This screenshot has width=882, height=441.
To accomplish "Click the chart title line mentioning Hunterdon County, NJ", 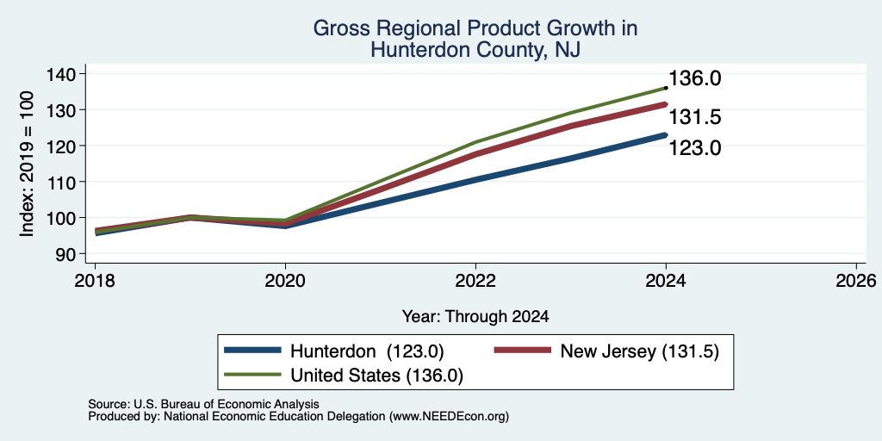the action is click(475, 51).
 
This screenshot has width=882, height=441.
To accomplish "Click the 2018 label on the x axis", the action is click(95, 280).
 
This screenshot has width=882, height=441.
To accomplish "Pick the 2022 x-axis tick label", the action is click(475, 280).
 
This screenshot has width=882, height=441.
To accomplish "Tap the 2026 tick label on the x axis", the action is click(856, 280).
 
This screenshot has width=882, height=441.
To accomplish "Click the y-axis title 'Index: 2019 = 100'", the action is click(28, 164).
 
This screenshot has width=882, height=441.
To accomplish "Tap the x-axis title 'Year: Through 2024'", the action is click(475, 317).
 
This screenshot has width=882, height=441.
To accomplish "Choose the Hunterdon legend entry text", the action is click(367, 351).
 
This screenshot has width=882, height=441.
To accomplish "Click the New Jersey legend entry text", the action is click(640, 351).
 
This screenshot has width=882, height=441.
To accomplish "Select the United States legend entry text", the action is click(376, 376).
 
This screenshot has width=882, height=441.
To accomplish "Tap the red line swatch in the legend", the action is click(522, 351).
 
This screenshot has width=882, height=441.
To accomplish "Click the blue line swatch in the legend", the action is click(252, 351).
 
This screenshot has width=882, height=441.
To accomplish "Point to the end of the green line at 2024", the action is click(666, 88).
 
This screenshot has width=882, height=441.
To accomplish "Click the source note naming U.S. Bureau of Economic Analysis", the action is click(203, 404).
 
